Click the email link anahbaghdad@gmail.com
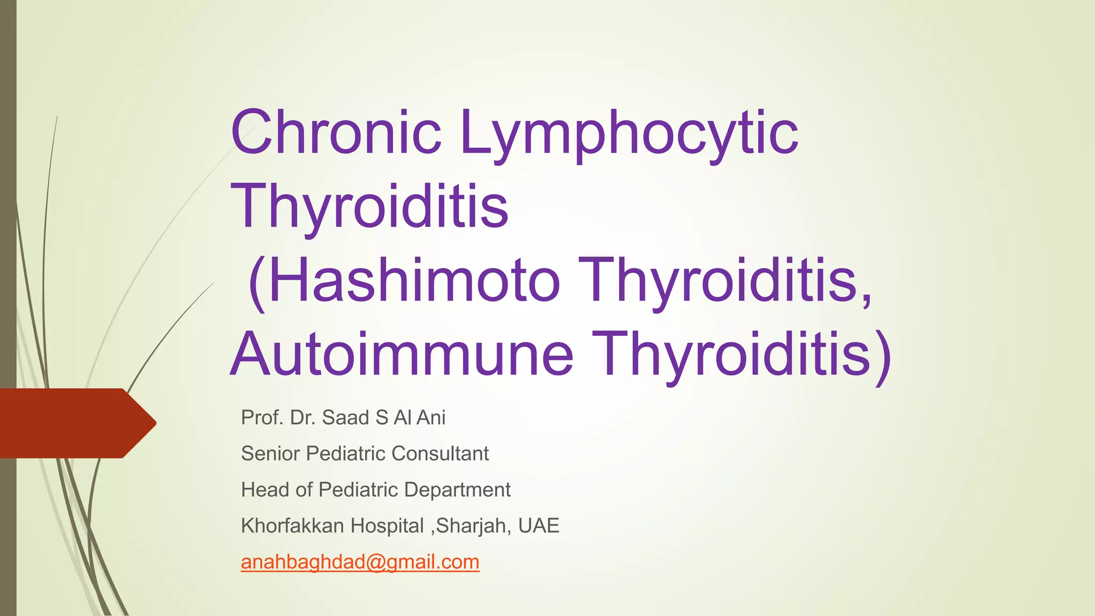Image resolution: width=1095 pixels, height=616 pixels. click(x=360, y=562)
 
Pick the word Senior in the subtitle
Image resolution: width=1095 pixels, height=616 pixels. click(x=270, y=453)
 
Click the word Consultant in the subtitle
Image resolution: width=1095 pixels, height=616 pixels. click(x=440, y=453)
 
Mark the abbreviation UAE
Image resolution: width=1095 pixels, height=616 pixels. click(x=538, y=526)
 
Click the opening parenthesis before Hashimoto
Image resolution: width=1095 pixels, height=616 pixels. click(x=257, y=282)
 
